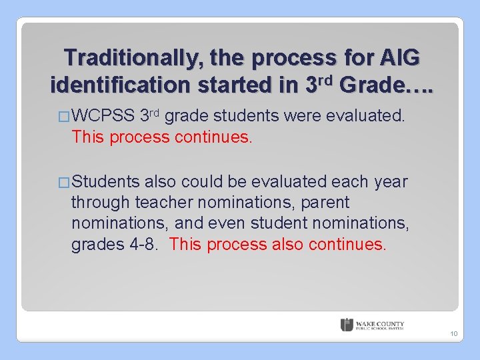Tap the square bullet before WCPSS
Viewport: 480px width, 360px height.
pyautogui.click(x=64, y=117)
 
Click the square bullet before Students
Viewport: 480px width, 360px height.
pyautogui.click(x=64, y=182)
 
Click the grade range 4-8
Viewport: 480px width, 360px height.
pyautogui.click(x=141, y=244)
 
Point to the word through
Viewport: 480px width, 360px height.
pyautogui.click(x=101, y=201)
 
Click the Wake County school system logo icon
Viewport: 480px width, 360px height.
pyautogui.click(x=347, y=325)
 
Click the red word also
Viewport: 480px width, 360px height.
pyautogui.click(x=288, y=244)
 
